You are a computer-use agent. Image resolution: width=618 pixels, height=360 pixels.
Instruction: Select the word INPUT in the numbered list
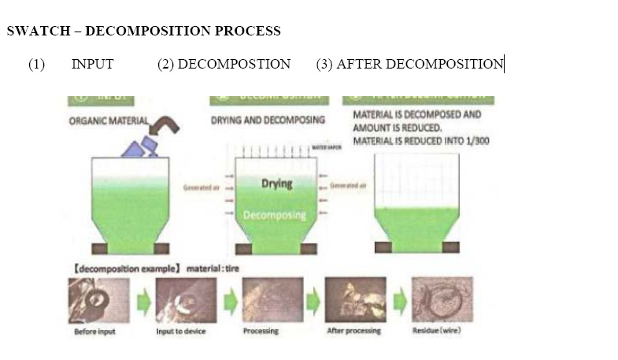(x=92, y=65)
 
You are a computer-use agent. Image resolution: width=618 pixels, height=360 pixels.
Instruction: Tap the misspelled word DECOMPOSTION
(x=234, y=65)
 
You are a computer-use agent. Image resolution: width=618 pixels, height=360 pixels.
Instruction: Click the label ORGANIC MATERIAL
(x=109, y=121)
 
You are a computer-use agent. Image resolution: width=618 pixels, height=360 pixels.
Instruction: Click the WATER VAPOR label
(x=327, y=147)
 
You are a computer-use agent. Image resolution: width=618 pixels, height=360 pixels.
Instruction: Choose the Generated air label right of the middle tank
(x=348, y=185)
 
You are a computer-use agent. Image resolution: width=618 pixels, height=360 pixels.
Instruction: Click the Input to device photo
(x=186, y=300)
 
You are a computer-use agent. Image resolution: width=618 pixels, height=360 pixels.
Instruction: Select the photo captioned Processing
(x=272, y=300)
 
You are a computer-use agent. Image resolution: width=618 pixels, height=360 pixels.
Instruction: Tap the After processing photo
(x=355, y=300)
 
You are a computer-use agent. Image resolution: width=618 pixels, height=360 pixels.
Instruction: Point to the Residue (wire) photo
(x=442, y=300)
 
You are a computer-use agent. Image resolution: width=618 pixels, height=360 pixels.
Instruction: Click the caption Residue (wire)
(x=437, y=331)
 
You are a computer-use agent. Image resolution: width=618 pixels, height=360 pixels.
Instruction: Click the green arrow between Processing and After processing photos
(x=313, y=301)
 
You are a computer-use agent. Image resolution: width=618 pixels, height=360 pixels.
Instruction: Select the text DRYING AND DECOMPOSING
(x=268, y=121)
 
